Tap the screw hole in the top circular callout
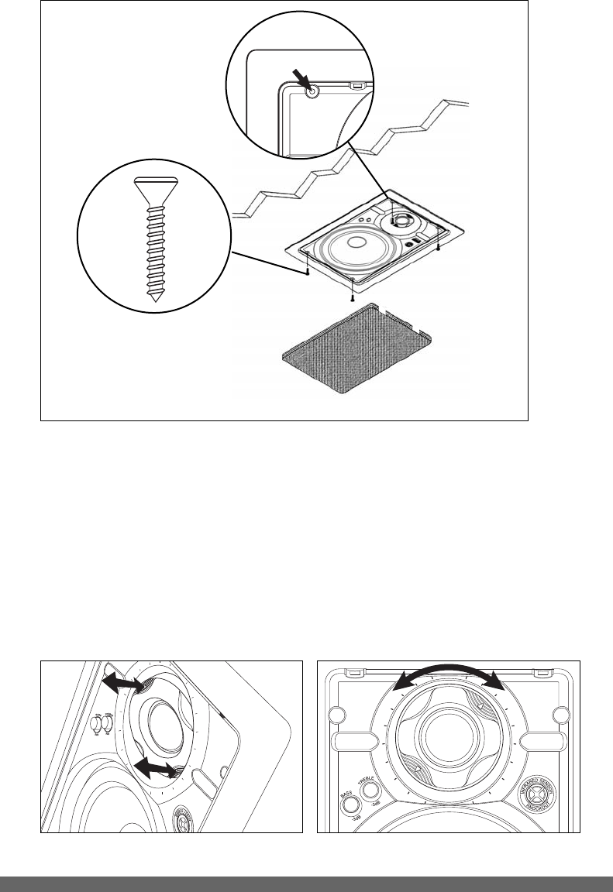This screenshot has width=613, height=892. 312,91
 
